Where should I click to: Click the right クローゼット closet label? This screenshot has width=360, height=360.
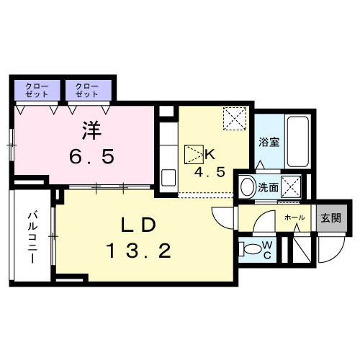coord(87,90)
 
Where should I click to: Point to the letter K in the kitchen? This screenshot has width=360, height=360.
coord(211,153)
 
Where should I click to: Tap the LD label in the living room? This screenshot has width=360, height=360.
coord(138,225)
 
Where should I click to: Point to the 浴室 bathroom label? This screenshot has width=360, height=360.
coord(269,142)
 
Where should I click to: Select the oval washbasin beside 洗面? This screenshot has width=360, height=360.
coord(247,187)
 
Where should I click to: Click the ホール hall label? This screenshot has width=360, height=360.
coord(293,217)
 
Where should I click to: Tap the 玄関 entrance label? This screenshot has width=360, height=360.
coord(331,217)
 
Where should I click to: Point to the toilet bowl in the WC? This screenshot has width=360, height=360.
coord(251,249)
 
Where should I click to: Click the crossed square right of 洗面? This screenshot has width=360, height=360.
coord(292,186)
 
